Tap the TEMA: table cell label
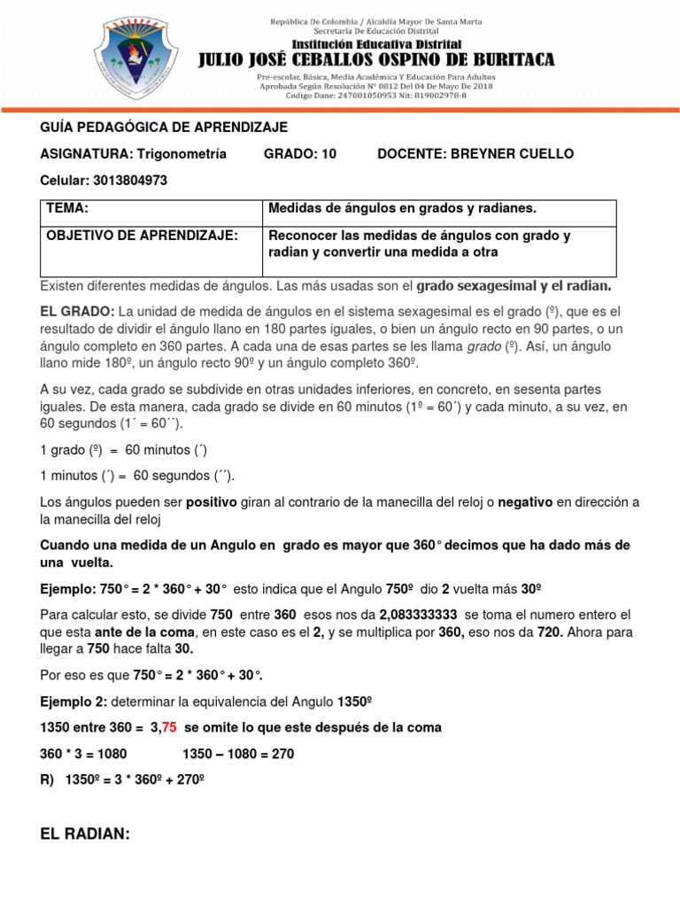(67, 208)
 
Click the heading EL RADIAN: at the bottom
(86, 833)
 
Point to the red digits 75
(167, 727)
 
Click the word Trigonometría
(180, 154)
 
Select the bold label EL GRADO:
(76, 312)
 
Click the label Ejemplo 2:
(73, 701)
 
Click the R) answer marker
(48, 780)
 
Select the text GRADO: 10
(300, 154)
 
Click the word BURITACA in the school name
(507, 60)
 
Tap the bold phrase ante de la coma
(139, 632)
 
